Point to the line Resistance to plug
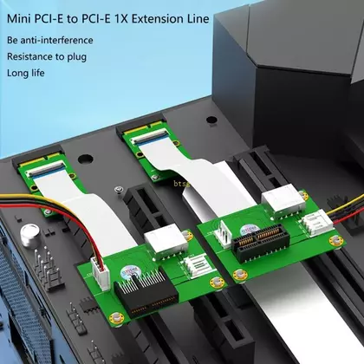pos(47,56)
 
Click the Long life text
pos(26,73)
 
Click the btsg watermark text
pos(181,183)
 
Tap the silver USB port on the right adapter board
pos(283,200)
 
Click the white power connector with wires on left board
pos(101,273)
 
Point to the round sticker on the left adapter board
pos(128,273)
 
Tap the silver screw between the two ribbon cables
pos(118,190)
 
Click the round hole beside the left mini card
pos(86,159)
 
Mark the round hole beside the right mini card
pos(211,120)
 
